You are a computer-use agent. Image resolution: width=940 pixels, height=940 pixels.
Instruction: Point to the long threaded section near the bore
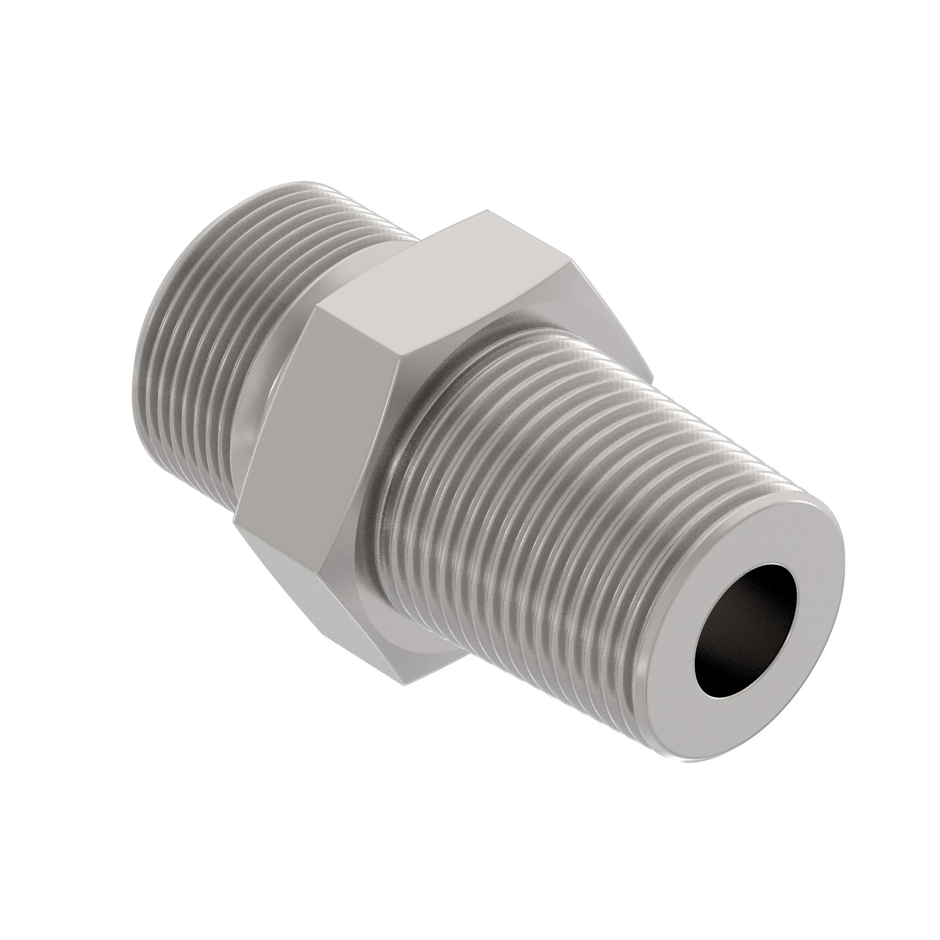[x=559, y=486]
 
